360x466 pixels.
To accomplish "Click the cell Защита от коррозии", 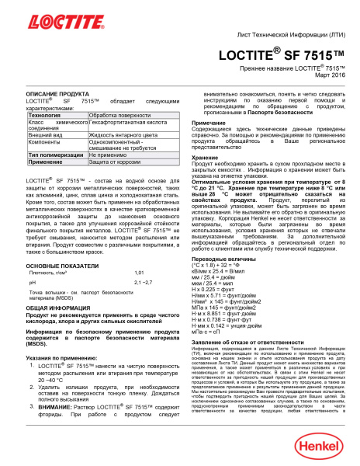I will [x=113, y=184].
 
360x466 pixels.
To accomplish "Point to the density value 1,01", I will [x=140, y=273].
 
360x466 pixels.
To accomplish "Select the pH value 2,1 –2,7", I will [x=144, y=285].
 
